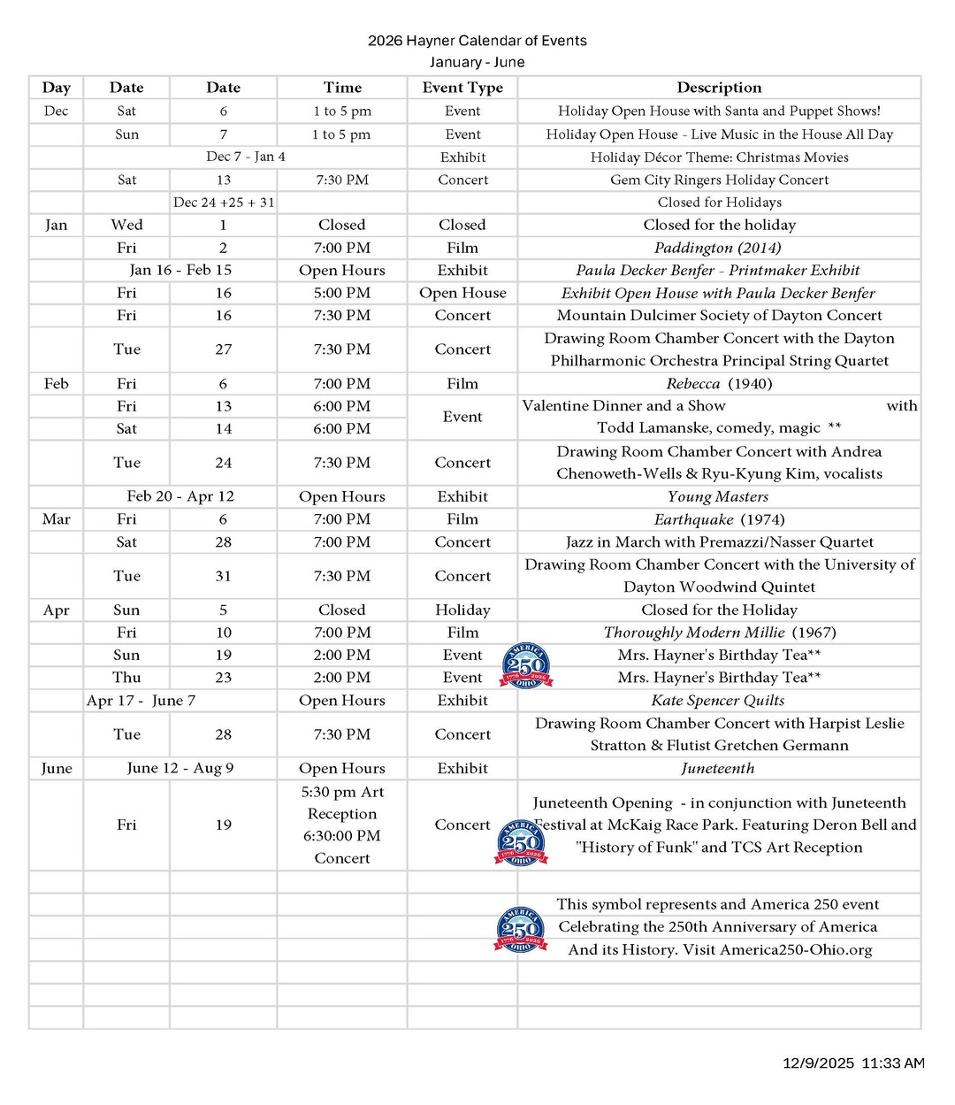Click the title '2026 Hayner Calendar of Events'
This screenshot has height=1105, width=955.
[477, 41]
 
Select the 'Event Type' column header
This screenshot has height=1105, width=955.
[462, 88]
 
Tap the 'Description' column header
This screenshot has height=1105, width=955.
[719, 88]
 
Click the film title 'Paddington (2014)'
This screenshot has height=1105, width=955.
[718, 248]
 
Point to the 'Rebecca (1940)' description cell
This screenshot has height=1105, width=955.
[719, 383]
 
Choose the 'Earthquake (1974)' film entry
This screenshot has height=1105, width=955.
[719, 519]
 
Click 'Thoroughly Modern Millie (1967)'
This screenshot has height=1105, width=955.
[719, 633]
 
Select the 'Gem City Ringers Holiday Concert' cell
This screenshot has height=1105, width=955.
[719, 180]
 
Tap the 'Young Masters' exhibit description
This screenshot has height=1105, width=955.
[718, 496]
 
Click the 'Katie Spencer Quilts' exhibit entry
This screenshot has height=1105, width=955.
[718, 700]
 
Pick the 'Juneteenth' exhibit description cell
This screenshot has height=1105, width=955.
[718, 768]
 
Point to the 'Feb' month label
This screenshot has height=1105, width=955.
[56, 383]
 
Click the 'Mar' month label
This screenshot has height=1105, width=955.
[56, 519]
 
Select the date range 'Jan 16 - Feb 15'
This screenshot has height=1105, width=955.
[180, 270]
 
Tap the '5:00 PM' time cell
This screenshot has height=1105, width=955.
[342, 293]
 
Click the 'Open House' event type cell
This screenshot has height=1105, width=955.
[462, 293]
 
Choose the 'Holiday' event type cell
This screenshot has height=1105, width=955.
[462, 610]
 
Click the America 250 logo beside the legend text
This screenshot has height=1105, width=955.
[520, 929]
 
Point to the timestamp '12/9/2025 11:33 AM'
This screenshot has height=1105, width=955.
[853, 1063]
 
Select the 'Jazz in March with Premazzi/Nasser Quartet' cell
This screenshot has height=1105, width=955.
[719, 541]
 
